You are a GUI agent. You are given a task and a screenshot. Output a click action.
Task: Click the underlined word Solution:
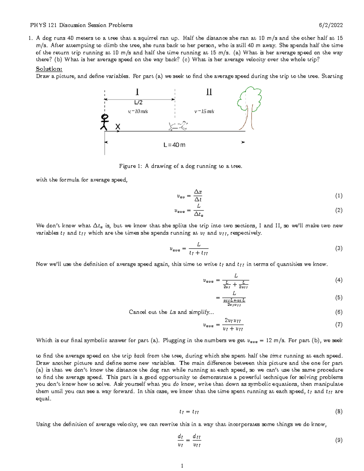[x=49, y=69]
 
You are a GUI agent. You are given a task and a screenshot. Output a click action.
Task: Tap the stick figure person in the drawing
[x=104, y=123]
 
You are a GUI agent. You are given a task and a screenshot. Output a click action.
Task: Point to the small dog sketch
[x=178, y=126]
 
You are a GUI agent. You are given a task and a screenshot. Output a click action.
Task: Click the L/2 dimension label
[x=138, y=103]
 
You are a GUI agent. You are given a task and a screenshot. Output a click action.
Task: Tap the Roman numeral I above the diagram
[x=137, y=92]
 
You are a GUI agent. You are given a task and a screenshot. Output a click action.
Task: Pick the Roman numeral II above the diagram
[x=209, y=92]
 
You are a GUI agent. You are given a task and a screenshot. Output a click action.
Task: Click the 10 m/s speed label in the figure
[x=138, y=112]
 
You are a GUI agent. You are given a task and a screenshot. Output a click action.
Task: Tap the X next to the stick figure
[x=118, y=127]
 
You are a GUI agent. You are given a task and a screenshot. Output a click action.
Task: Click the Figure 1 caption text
[x=180, y=166]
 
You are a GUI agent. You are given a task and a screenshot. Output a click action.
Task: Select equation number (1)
[x=339, y=196]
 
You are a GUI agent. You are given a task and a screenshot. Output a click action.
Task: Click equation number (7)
[x=339, y=325]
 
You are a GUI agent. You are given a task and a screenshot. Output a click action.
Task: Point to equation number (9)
[x=339, y=440]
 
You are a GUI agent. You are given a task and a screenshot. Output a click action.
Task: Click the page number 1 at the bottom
[x=182, y=466]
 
